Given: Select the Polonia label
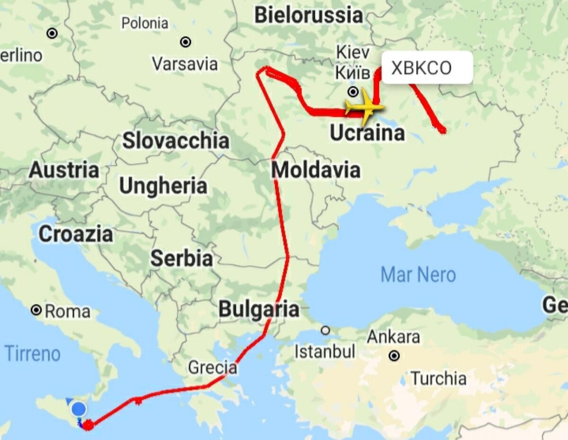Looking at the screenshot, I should [x=144, y=23].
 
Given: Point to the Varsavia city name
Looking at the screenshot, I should [x=185, y=64].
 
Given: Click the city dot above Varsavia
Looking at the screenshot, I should [x=186, y=42].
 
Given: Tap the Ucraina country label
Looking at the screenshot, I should [x=367, y=134].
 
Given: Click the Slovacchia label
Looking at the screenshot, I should [x=176, y=141].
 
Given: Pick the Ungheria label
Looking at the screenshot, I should [x=163, y=186].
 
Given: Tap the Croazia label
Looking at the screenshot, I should [x=76, y=234].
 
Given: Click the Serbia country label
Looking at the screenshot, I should [x=181, y=259].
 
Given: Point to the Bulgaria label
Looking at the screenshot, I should [x=258, y=309].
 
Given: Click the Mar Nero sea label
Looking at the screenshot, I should [x=418, y=275].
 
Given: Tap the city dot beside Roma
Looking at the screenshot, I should [x=36, y=310].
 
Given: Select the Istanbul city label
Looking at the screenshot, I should [x=325, y=352].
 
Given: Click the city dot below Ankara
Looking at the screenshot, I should [x=394, y=355].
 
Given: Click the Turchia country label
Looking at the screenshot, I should [x=438, y=378].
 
